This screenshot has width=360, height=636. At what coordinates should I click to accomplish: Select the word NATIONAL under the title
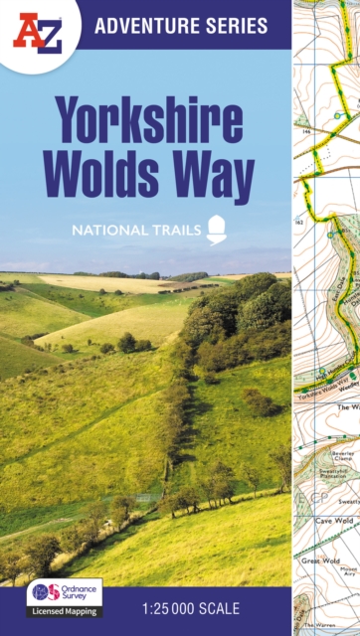[x=106, y=230]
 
